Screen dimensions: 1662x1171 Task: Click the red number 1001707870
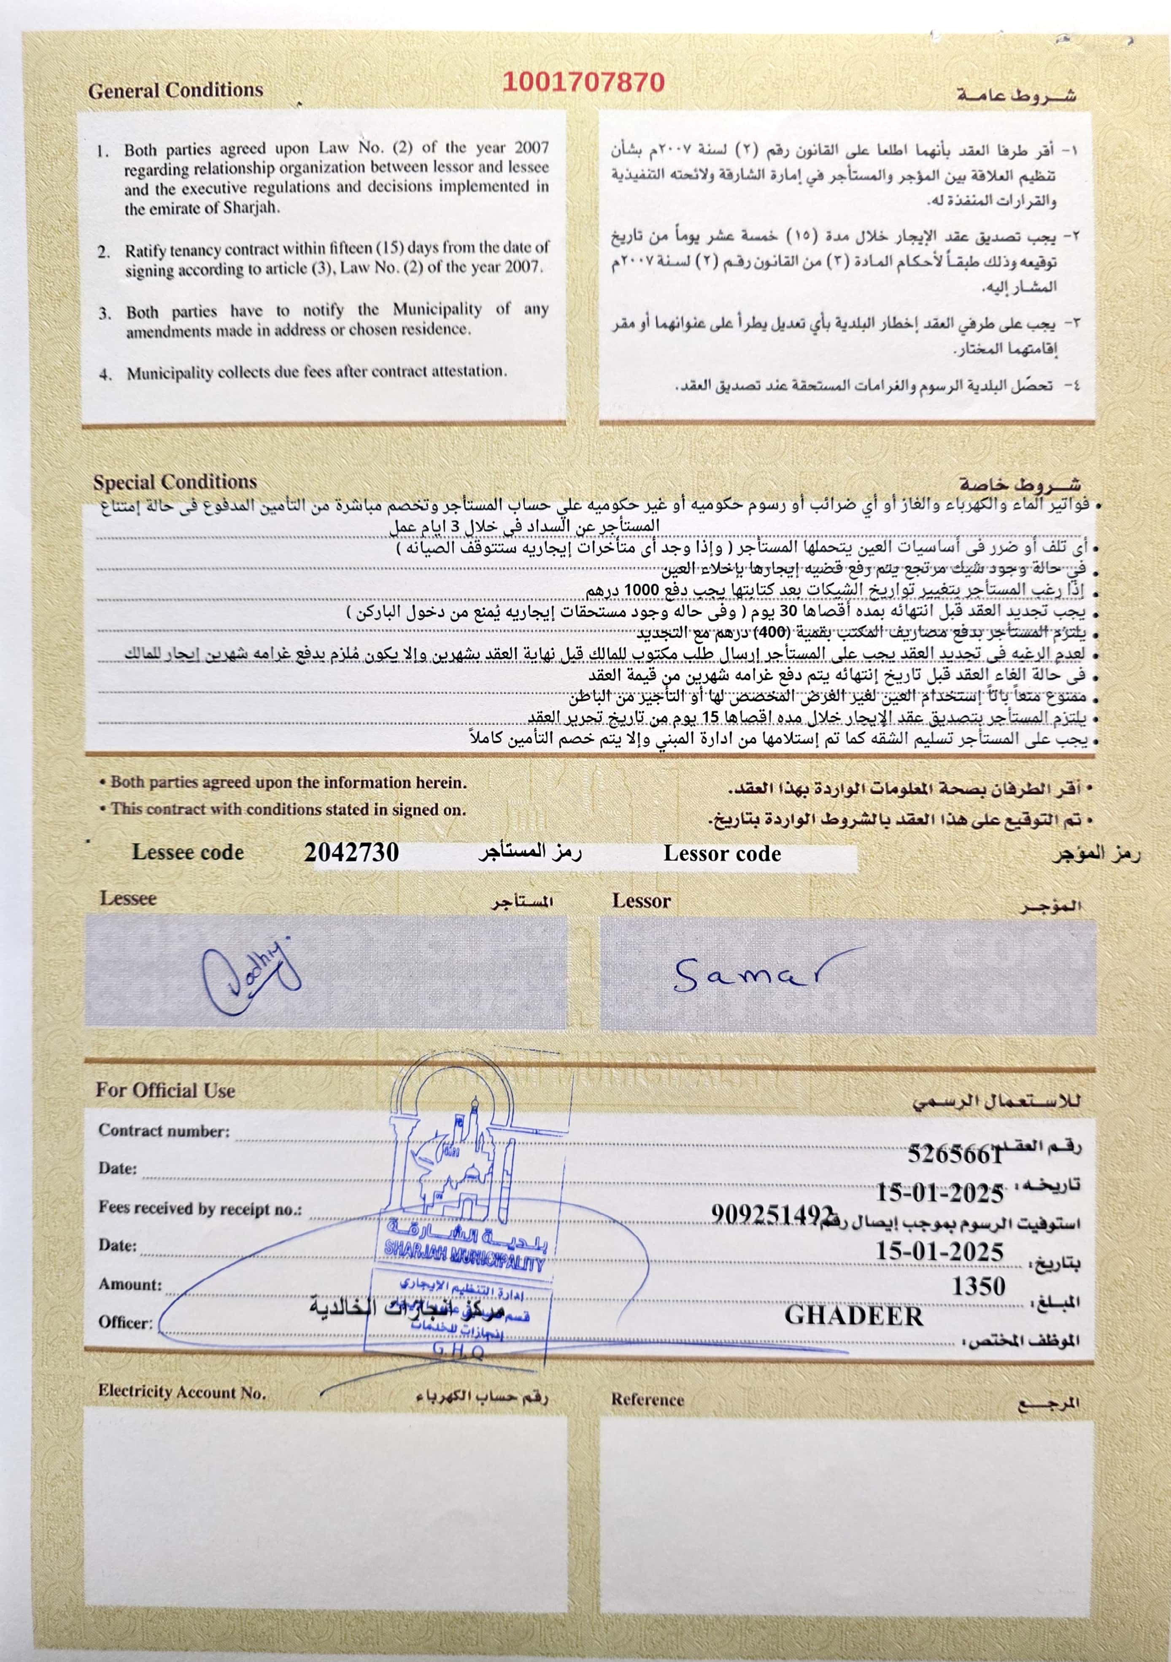[583, 82]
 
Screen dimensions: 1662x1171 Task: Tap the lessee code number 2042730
[351, 853]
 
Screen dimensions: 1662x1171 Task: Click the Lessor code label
[722, 854]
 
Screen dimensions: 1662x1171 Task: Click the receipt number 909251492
[772, 1214]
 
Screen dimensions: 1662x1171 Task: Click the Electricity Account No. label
[182, 1391]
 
